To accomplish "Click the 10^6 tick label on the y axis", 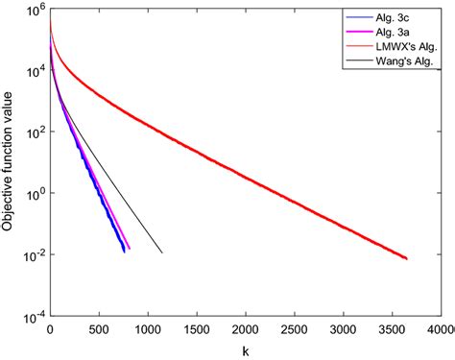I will tap(33, 12).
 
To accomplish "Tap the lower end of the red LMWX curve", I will tap(406, 259).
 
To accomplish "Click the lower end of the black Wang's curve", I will tap(161, 252).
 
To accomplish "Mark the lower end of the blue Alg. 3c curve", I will tap(124, 252).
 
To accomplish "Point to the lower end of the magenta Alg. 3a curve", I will tap(130, 250).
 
